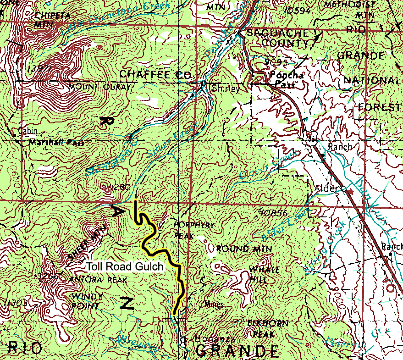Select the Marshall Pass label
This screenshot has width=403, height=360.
pyautogui.click(x=56, y=143)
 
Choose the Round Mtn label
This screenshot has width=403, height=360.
pyautogui.click(x=244, y=249)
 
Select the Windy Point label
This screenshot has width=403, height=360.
pyautogui.click(x=87, y=301)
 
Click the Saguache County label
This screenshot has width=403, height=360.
pyautogui.click(x=278, y=39)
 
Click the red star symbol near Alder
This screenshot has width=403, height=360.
pyautogui.click(x=351, y=190)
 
